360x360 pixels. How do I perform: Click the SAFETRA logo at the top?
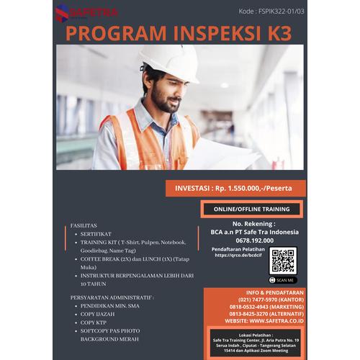click(87, 12)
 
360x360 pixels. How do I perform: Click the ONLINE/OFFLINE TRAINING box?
click(252, 209)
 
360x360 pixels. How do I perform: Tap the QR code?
click(283, 260)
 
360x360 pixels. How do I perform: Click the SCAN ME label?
click(283, 279)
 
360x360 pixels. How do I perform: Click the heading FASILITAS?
click(84, 225)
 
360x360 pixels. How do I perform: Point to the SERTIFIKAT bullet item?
click(96, 234)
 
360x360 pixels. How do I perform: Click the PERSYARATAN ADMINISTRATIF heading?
click(112, 297)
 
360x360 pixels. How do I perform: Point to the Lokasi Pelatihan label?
click(251, 333)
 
